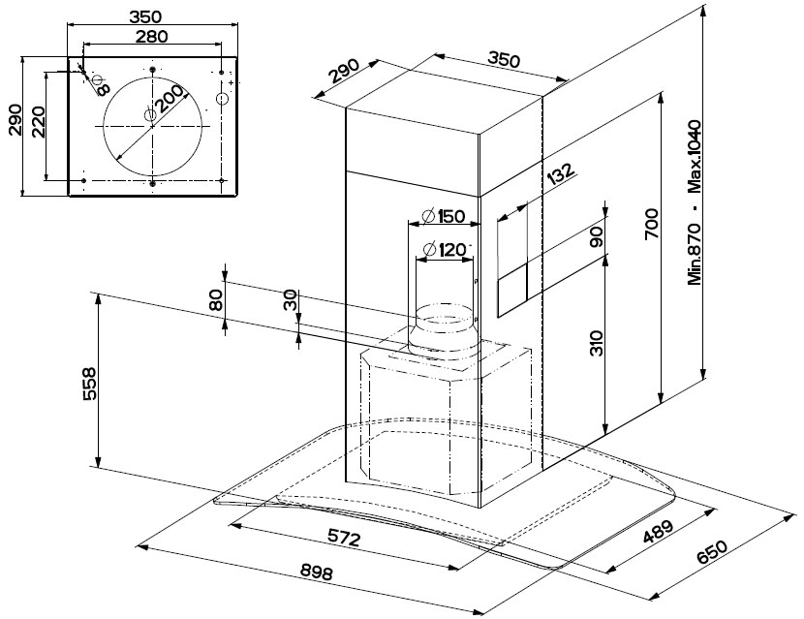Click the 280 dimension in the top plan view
click(x=151, y=37)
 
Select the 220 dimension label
click(x=39, y=121)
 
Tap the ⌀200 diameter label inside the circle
click(x=165, y=102)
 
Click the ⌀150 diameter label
click(x=443, y=216)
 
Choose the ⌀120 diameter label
click(x=446, y=250)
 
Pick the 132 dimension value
click(x=561, y=175)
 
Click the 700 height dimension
click(x=652, y=224)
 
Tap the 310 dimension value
click(x=598, y=343)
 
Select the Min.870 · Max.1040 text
click(x=695, y=203)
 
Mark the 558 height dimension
click(x=89, y=383)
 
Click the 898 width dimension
click(x=317, y=572)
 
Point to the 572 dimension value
click(x=344, y=538)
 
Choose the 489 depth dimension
click(x=658, y=533)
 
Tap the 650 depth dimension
click(x=712, y=551)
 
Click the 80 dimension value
click(x=216, y=300)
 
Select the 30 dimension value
click(x=290, y=300)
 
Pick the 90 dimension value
click(x=597, y=236)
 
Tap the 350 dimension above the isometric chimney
click(x=503, y=59)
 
